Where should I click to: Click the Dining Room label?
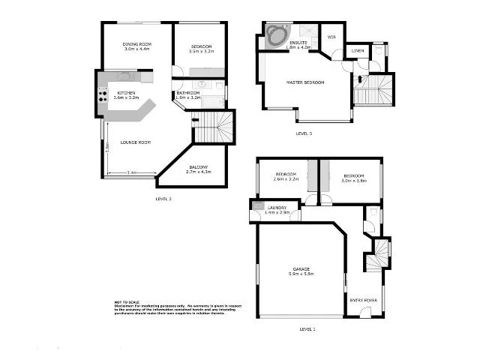tap(137, 45)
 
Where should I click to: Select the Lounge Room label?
tap(136, 142)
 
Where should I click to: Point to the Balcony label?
tap(199, 166)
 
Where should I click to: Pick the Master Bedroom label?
tap(305, 82)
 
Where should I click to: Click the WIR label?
tap(331, 34)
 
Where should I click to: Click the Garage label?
tap(301, 268)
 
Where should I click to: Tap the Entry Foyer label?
tap(364, 300)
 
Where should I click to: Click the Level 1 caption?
tap(307, 328)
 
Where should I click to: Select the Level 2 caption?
tap(163, 199)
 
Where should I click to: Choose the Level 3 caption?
tap(304, 133)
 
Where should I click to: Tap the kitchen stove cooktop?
tap(103, 94)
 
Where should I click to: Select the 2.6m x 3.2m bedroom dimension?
tap(286, 180)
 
